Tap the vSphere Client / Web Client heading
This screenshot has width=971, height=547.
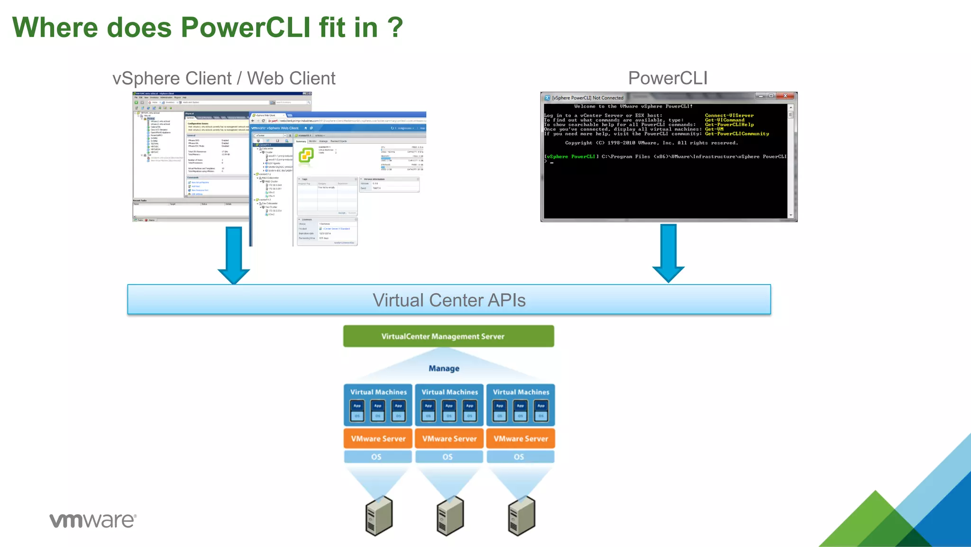(x=223, y=78)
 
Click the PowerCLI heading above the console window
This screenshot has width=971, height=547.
(x=668, y=78)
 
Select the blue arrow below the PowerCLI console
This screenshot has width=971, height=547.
(x=668, y=252)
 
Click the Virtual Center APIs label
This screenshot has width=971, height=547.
(x=449, y=300)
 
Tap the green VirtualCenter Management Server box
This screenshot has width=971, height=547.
(x=448, y=336)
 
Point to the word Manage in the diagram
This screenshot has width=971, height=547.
(x=444, y=369)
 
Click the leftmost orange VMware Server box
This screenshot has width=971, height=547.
(x=378, y=439)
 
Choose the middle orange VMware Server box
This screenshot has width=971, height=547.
(x=449, y=439)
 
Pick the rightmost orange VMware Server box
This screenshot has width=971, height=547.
(x=521, y=439)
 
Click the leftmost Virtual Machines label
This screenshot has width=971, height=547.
(x=378, y=392)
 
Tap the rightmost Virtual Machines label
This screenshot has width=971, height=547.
(x=521, y=392)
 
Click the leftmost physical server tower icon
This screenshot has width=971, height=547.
(x=379, y=516)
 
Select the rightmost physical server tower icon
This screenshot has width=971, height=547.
(x=521, y=516)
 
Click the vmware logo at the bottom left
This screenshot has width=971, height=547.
(x=93, y=520)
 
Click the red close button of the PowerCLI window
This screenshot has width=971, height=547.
(x=786, y=96)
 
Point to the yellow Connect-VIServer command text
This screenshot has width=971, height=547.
(x=729, y=115)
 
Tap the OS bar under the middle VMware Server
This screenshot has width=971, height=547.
(x=448, y=457)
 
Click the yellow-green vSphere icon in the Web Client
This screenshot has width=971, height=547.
(x=306, y=155)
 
